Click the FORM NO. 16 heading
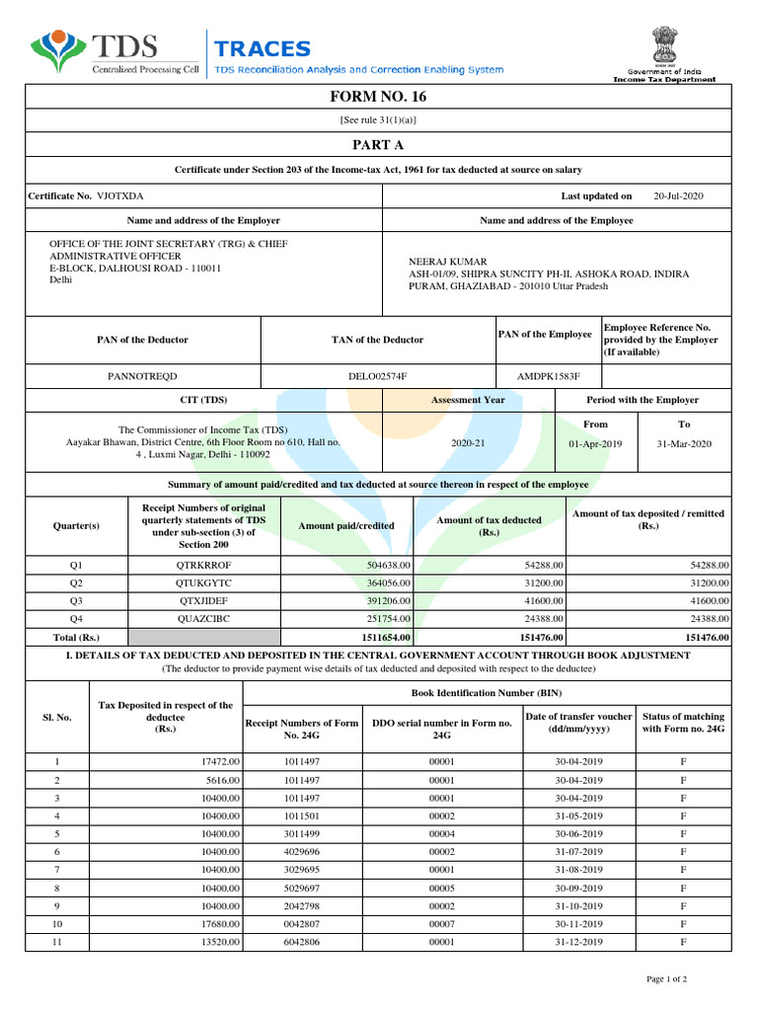[378, 97]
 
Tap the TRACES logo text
[263, 48]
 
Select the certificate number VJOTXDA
[119, 196]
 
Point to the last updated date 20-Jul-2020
[678, 196]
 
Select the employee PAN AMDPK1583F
[549, 376]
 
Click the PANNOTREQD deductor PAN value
[142, 376]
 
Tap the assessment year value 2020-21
[468, 443]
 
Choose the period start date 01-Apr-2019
[595, 443]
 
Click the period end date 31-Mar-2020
[683, 443]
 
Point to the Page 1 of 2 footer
[666, 978]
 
